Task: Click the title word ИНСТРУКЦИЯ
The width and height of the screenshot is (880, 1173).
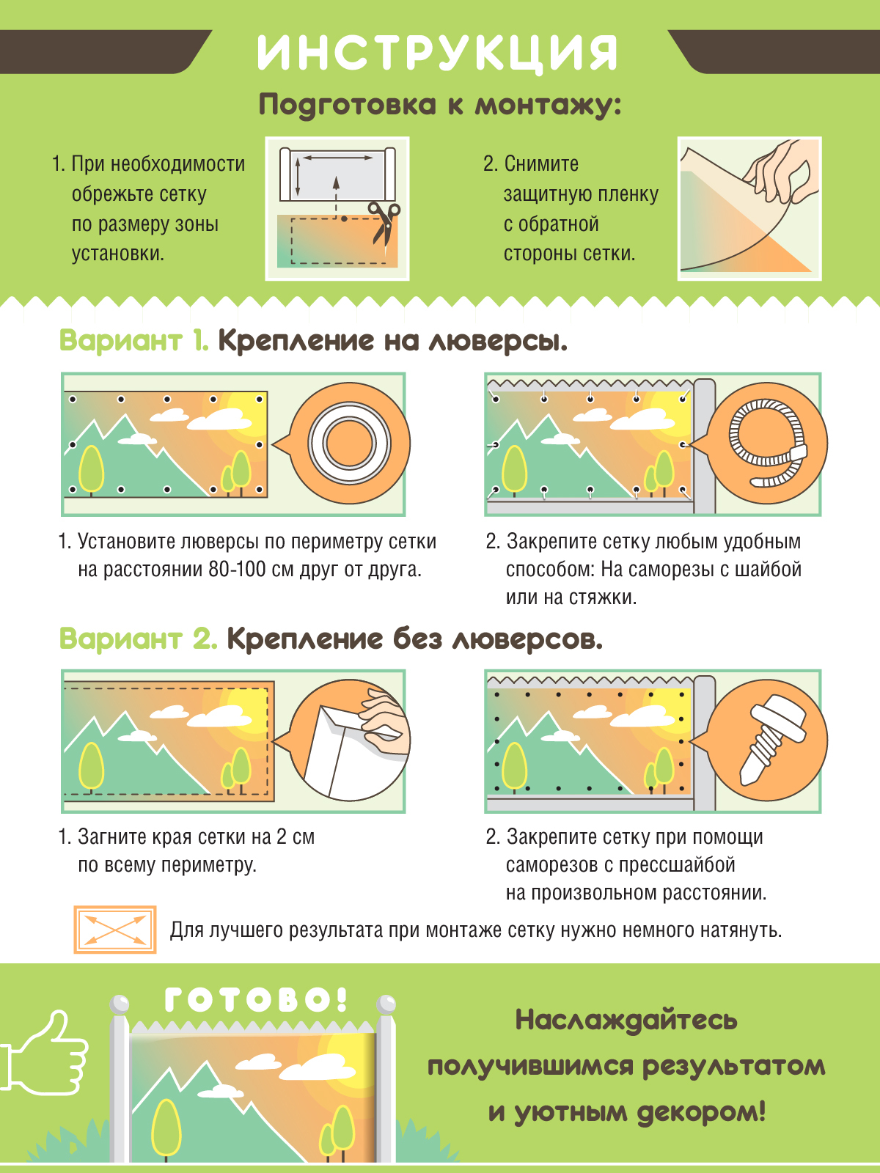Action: click(437, 52)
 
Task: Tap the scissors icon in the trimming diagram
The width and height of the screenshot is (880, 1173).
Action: click(384, 224)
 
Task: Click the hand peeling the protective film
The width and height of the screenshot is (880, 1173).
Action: click(780, 171)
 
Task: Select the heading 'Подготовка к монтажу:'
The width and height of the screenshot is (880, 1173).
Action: click(440, 105)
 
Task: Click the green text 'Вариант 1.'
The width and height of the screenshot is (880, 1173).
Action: click(133, 340)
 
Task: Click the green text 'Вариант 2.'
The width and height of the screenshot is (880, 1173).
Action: click(138, 638)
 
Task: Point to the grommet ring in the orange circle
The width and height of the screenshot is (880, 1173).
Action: click(350, 444)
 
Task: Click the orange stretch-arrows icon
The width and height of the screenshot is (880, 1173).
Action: click(115, 930)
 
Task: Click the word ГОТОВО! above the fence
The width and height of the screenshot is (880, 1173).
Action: click(256, 999)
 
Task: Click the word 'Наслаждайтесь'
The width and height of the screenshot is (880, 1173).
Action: click(626, 1021)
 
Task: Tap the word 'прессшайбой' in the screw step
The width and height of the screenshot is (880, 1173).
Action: click(677, 864)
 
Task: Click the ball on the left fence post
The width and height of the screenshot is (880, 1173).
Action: click(119, 1003)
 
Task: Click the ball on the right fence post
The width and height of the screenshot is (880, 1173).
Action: click(385, 1003)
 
